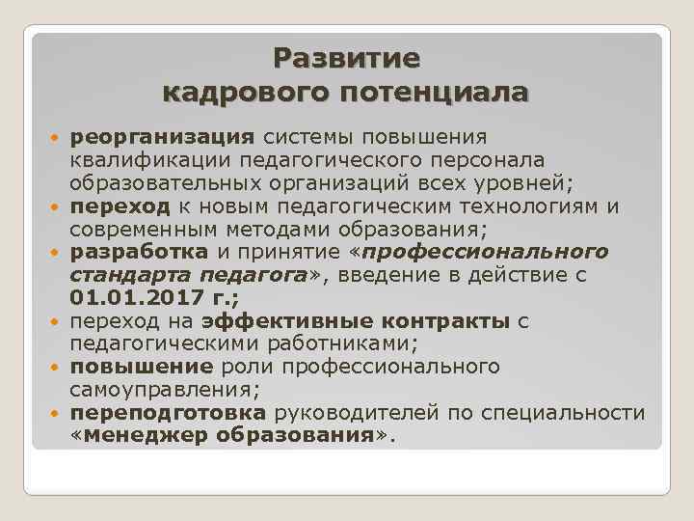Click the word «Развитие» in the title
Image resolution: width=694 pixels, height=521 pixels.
346,59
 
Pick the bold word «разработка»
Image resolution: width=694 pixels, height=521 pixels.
139,252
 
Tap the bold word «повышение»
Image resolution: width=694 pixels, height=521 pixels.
142,368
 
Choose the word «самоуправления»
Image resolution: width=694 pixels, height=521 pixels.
155,391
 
